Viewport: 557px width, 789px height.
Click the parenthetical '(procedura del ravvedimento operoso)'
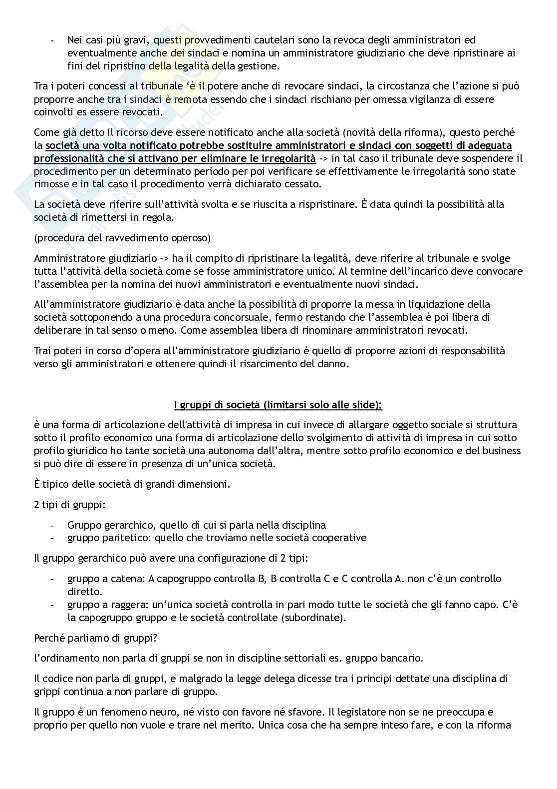coord(122,238)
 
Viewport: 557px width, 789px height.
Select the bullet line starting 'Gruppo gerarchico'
coord(196,525)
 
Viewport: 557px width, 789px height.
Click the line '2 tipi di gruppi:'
coord(69,505)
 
